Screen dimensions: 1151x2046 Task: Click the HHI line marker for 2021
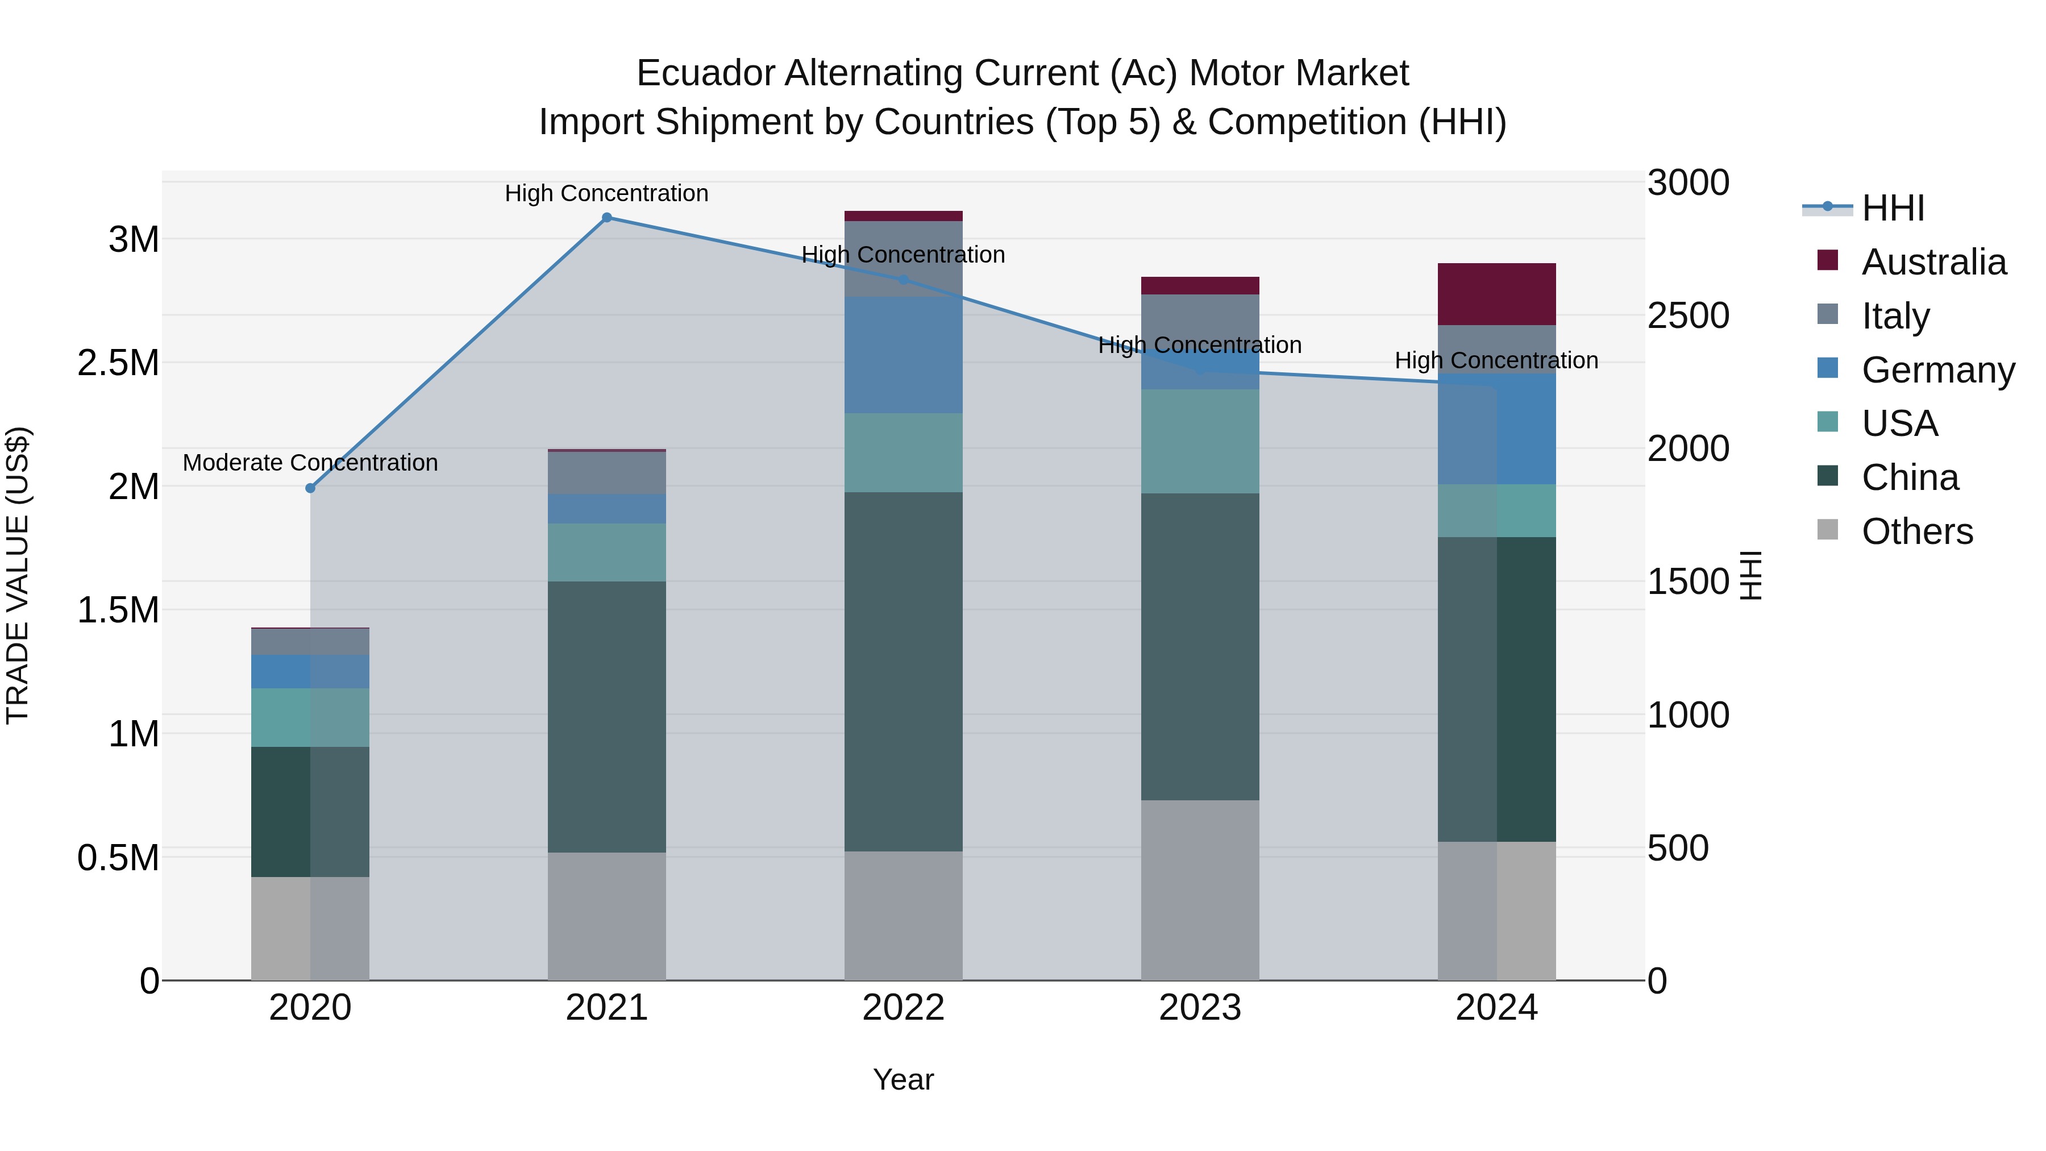(607, 218)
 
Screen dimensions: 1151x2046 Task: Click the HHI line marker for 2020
(310, 488)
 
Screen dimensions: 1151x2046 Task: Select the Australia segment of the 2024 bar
(1496, 294)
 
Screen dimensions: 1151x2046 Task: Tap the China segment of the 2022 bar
(903, 671)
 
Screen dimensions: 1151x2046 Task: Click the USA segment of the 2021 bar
(607, 552)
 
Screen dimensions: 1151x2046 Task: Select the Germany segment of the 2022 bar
(903, 354)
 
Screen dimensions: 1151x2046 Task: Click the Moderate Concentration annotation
(310, 462)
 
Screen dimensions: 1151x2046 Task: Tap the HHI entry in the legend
(1892, 208)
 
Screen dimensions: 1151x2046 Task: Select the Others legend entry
(1916, 531)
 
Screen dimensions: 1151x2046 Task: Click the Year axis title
(903, 1079)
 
